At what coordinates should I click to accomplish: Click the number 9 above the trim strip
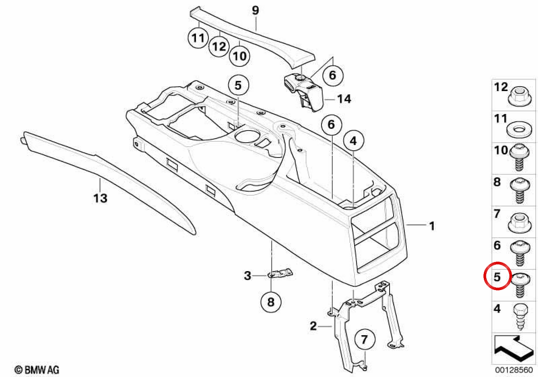pyautogui.click(x=256, y=11)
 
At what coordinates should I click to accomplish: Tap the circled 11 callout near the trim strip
pyautogui.click(x=198, y=38)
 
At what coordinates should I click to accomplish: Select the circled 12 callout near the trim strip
pyautogui.click(x=219, y=46)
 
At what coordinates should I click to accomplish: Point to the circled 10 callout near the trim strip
pyautogui.click(x=239, y=56)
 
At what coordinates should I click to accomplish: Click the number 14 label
pyautogui.click(x=344, y=99)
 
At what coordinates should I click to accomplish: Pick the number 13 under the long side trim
pyautogui.click(x=100, y=198)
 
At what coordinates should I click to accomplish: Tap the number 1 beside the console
pyautogui.click(x=432, y=226)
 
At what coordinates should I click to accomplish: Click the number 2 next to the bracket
pyautogui.click(x=313, y=326)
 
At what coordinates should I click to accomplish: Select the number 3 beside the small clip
pyautogui.click(x=247, y=276)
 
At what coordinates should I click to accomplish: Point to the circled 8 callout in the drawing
pyautogui.click(x=271, y=302)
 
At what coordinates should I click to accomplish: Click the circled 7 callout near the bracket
pyautogui.click(x=364, y=339)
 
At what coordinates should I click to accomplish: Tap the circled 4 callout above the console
pyautogui.click(x=354, y=140)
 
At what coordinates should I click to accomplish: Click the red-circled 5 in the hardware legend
pyautogui.click(x=497, y=277)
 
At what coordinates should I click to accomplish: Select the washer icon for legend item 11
pyautogui.click(x=519, y=130)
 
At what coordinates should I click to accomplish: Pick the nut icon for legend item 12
pyautogui.click(x=519, y=96)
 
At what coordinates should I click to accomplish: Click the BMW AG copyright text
pyautogui.click(x=37, y=370)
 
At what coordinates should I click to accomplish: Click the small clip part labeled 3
pyautogui.click(x=280, y=273)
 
